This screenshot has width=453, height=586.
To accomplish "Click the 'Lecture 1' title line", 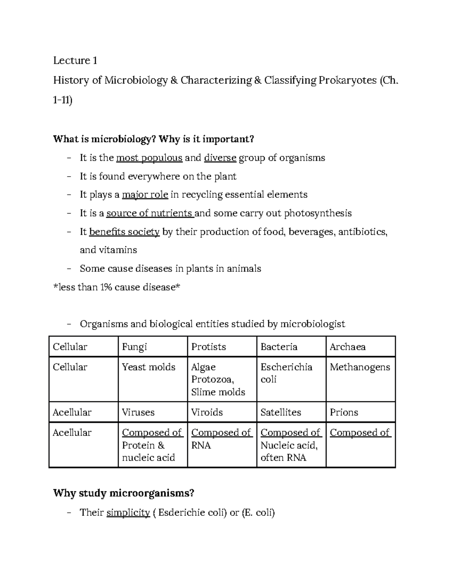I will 75,60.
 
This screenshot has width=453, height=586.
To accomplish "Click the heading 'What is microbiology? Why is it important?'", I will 154,139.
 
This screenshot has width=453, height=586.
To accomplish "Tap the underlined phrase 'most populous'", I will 149,158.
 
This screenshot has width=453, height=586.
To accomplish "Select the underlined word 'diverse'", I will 220,158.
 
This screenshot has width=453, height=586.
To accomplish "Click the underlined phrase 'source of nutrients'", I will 149,213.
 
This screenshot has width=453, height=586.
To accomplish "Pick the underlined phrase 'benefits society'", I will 125,232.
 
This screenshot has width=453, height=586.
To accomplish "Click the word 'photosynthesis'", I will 317,213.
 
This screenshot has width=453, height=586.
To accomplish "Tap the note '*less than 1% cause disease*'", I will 117,287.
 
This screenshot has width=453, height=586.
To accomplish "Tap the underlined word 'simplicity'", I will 128,513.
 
